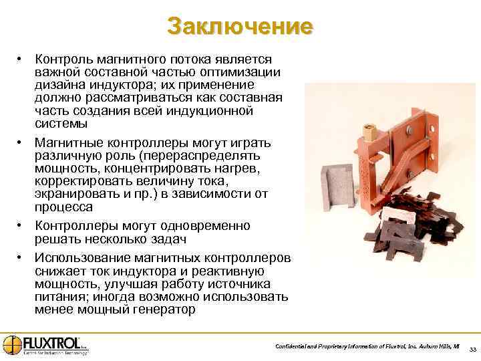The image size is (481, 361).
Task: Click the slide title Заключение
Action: [240, 26]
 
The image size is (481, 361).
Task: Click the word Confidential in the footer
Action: [293, 346]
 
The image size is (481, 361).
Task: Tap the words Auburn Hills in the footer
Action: [432, 346]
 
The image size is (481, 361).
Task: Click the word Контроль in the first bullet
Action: [62, 60]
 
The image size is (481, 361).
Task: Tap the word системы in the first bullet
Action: [61, 124]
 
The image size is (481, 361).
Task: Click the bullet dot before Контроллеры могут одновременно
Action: [21, 225]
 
